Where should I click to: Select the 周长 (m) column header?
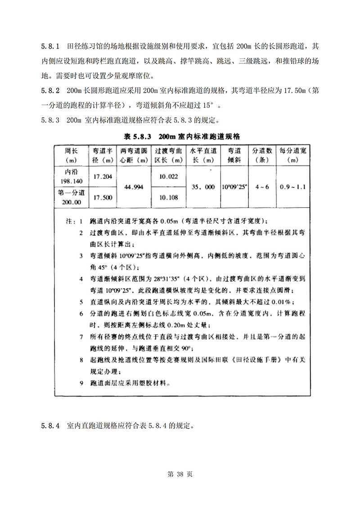72,156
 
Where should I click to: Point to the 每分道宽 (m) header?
294,156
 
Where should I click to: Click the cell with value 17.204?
103,177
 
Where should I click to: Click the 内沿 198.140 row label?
72,177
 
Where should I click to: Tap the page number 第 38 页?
180,474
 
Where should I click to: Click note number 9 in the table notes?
81,383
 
